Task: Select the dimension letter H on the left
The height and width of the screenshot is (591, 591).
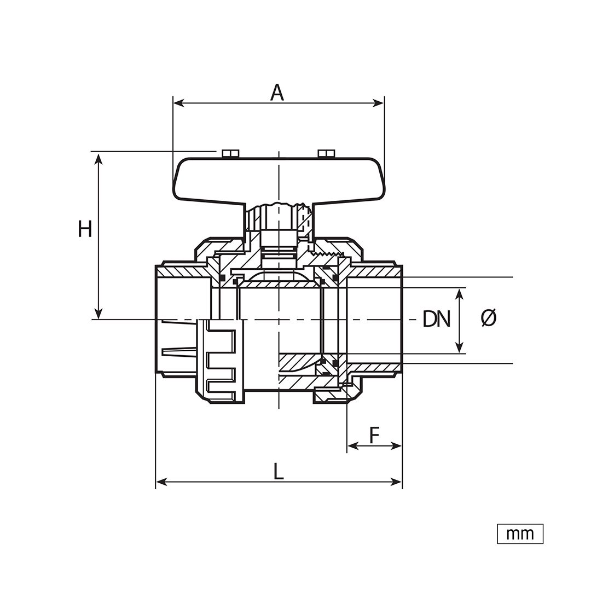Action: pos(85,229)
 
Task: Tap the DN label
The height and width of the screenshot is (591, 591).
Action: pos(436,319)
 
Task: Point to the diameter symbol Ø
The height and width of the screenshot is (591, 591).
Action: pos(489,318)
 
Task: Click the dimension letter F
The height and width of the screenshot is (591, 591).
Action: pos(374,436)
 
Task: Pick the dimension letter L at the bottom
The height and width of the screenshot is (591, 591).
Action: pos(278,472)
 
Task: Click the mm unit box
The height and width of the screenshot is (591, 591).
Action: pos(520,534)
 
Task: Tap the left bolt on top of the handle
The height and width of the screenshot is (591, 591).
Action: pos(230,153)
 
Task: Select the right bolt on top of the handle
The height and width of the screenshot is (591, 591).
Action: pos(326,153)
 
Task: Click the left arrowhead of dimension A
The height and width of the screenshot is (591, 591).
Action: pos(178,103)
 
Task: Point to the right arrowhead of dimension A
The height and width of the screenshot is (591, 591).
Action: pos(379,103)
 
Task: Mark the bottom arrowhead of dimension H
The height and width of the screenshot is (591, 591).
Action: pos(99,314)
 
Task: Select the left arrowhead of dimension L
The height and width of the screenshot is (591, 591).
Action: pos(161,482)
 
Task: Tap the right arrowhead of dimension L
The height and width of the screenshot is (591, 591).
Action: pos(397,482)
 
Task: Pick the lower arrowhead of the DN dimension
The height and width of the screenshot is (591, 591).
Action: pos(459,347)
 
